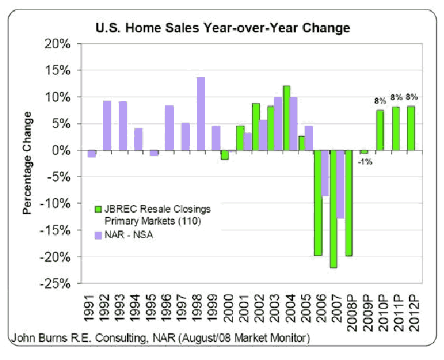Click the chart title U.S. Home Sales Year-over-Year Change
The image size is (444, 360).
[222, 28]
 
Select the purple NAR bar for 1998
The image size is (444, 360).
[201, 114]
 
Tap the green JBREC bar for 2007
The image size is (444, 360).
[333, 209]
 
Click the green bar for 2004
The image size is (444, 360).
[286, 118]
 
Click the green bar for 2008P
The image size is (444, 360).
[349, 203]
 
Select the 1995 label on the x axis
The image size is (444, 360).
[154, 309]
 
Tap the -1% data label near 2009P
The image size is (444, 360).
[365, 162]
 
